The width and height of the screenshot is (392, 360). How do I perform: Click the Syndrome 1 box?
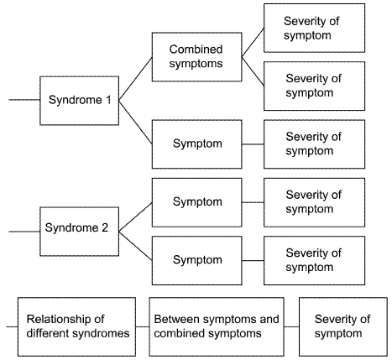click(79, 101)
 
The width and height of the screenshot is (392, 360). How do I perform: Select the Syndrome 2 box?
click(79, 232)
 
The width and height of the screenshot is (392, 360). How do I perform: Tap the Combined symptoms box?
click(196, 57)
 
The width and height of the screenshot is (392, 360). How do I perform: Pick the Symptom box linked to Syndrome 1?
click(196, 144)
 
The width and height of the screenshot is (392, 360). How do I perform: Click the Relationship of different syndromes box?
click(76, 326)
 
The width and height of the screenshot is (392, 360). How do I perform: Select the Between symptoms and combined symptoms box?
click(217, 326)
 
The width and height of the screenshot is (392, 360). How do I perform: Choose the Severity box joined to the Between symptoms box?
click(343, 326)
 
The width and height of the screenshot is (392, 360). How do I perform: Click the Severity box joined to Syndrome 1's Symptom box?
click(314, 144)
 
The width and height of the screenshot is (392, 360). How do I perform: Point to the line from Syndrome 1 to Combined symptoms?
click(135, 79)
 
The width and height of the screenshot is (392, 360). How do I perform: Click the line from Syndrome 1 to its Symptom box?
click(135, 123)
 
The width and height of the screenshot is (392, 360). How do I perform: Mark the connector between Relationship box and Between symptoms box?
click(143, 326)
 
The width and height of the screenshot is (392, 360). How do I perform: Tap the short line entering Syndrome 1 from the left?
click(24, 100)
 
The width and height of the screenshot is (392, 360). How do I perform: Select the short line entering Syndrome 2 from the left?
click(24, 232)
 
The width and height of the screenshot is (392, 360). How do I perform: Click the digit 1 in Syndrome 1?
click(108, 100)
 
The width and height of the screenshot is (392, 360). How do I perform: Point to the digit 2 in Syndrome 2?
click(105, 227)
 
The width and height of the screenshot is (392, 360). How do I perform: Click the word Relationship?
click(65, 319)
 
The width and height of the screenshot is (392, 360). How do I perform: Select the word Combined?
click(196, 50)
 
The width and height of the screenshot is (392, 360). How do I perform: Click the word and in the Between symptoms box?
click(269, 319)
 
